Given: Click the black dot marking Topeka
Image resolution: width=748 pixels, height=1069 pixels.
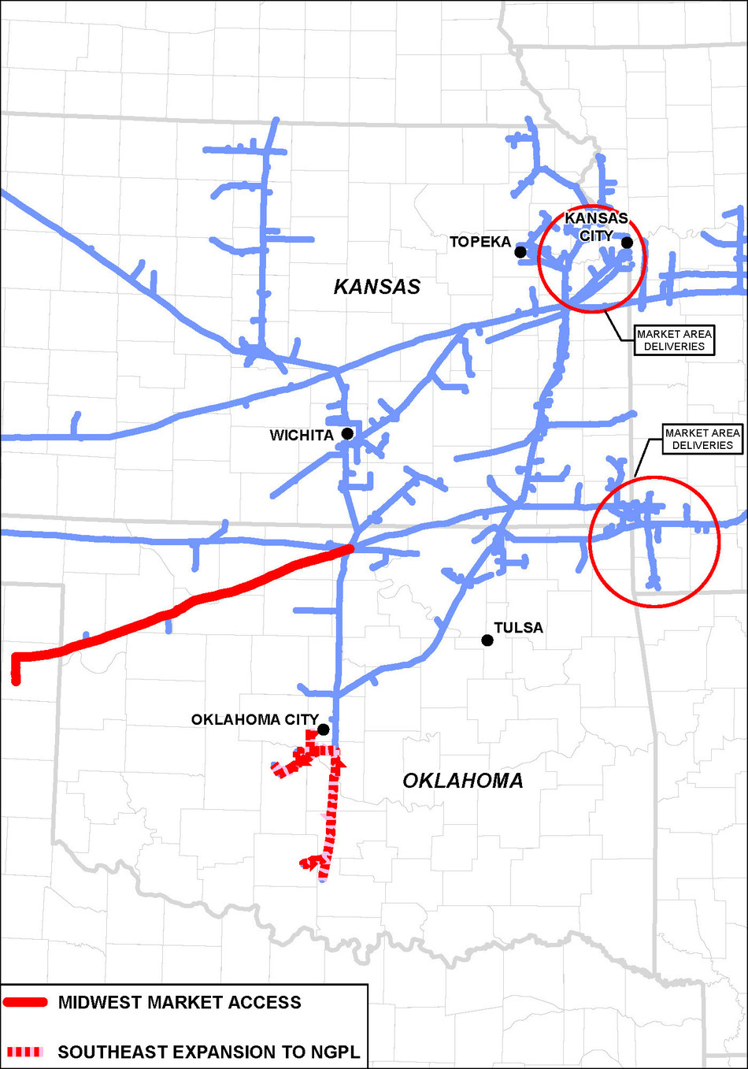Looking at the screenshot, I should click(520, 252).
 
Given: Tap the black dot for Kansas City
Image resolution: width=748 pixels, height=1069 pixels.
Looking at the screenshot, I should click(627, 243).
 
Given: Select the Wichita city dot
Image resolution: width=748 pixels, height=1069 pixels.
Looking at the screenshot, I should click(347, 433).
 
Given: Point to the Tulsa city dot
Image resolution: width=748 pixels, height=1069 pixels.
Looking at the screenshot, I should click(487, 640).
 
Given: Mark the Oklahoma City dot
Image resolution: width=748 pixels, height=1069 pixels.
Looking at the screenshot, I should click(323, 729).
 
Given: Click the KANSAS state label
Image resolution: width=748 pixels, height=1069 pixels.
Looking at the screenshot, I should click(377, 287).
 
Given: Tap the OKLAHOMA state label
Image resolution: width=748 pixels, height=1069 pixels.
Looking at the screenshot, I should click(463, 781).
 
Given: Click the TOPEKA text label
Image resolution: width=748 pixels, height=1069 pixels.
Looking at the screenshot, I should click(480, 242).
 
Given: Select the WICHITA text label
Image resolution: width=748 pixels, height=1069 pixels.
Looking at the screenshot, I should click(302, 436).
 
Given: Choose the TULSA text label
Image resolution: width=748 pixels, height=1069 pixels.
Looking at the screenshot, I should click(518, 628).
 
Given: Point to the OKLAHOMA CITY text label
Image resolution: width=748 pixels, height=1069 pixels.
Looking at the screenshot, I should click(254, 720).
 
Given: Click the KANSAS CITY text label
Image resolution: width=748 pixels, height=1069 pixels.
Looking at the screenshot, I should click(596, 227).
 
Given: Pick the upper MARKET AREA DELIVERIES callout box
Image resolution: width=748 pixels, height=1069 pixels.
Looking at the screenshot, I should click(674, 340).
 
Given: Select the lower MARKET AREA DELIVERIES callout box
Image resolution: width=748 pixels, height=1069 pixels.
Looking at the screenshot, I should click(702, 439).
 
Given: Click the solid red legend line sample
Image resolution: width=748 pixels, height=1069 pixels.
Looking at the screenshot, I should click(26, 1003).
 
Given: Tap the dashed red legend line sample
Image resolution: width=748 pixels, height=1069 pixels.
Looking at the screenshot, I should click(25, 1052).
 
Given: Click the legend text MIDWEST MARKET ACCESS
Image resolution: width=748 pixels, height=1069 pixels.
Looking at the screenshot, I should click(180, 1003).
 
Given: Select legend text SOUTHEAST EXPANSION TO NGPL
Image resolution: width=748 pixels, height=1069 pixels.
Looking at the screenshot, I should click(209, 1052).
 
